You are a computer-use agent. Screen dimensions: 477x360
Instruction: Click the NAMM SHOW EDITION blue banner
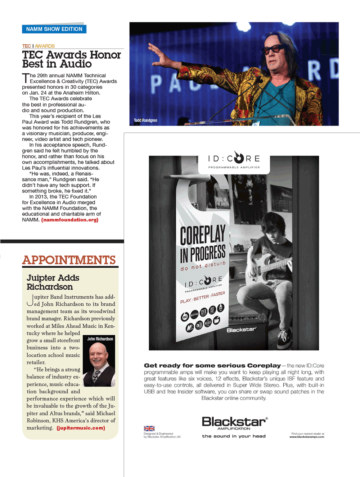coord(54,29)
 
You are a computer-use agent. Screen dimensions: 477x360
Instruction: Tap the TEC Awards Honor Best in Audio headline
coord(71,59)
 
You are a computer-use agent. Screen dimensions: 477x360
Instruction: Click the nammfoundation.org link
coord(70,220)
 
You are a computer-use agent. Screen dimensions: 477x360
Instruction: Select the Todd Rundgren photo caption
coord(145,121)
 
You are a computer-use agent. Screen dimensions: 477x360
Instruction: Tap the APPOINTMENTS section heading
coord(69,260)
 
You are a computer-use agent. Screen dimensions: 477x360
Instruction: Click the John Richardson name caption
coord(100,339)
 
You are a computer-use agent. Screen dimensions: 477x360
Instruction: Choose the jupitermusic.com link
coord(81,428)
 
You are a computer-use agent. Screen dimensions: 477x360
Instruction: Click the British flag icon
coord(149,428)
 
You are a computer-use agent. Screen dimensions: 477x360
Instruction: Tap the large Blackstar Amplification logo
coord(234,423)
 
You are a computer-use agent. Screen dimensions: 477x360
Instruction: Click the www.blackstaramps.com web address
coord(307,437)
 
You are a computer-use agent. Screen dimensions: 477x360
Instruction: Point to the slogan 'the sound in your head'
coord(234,436)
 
